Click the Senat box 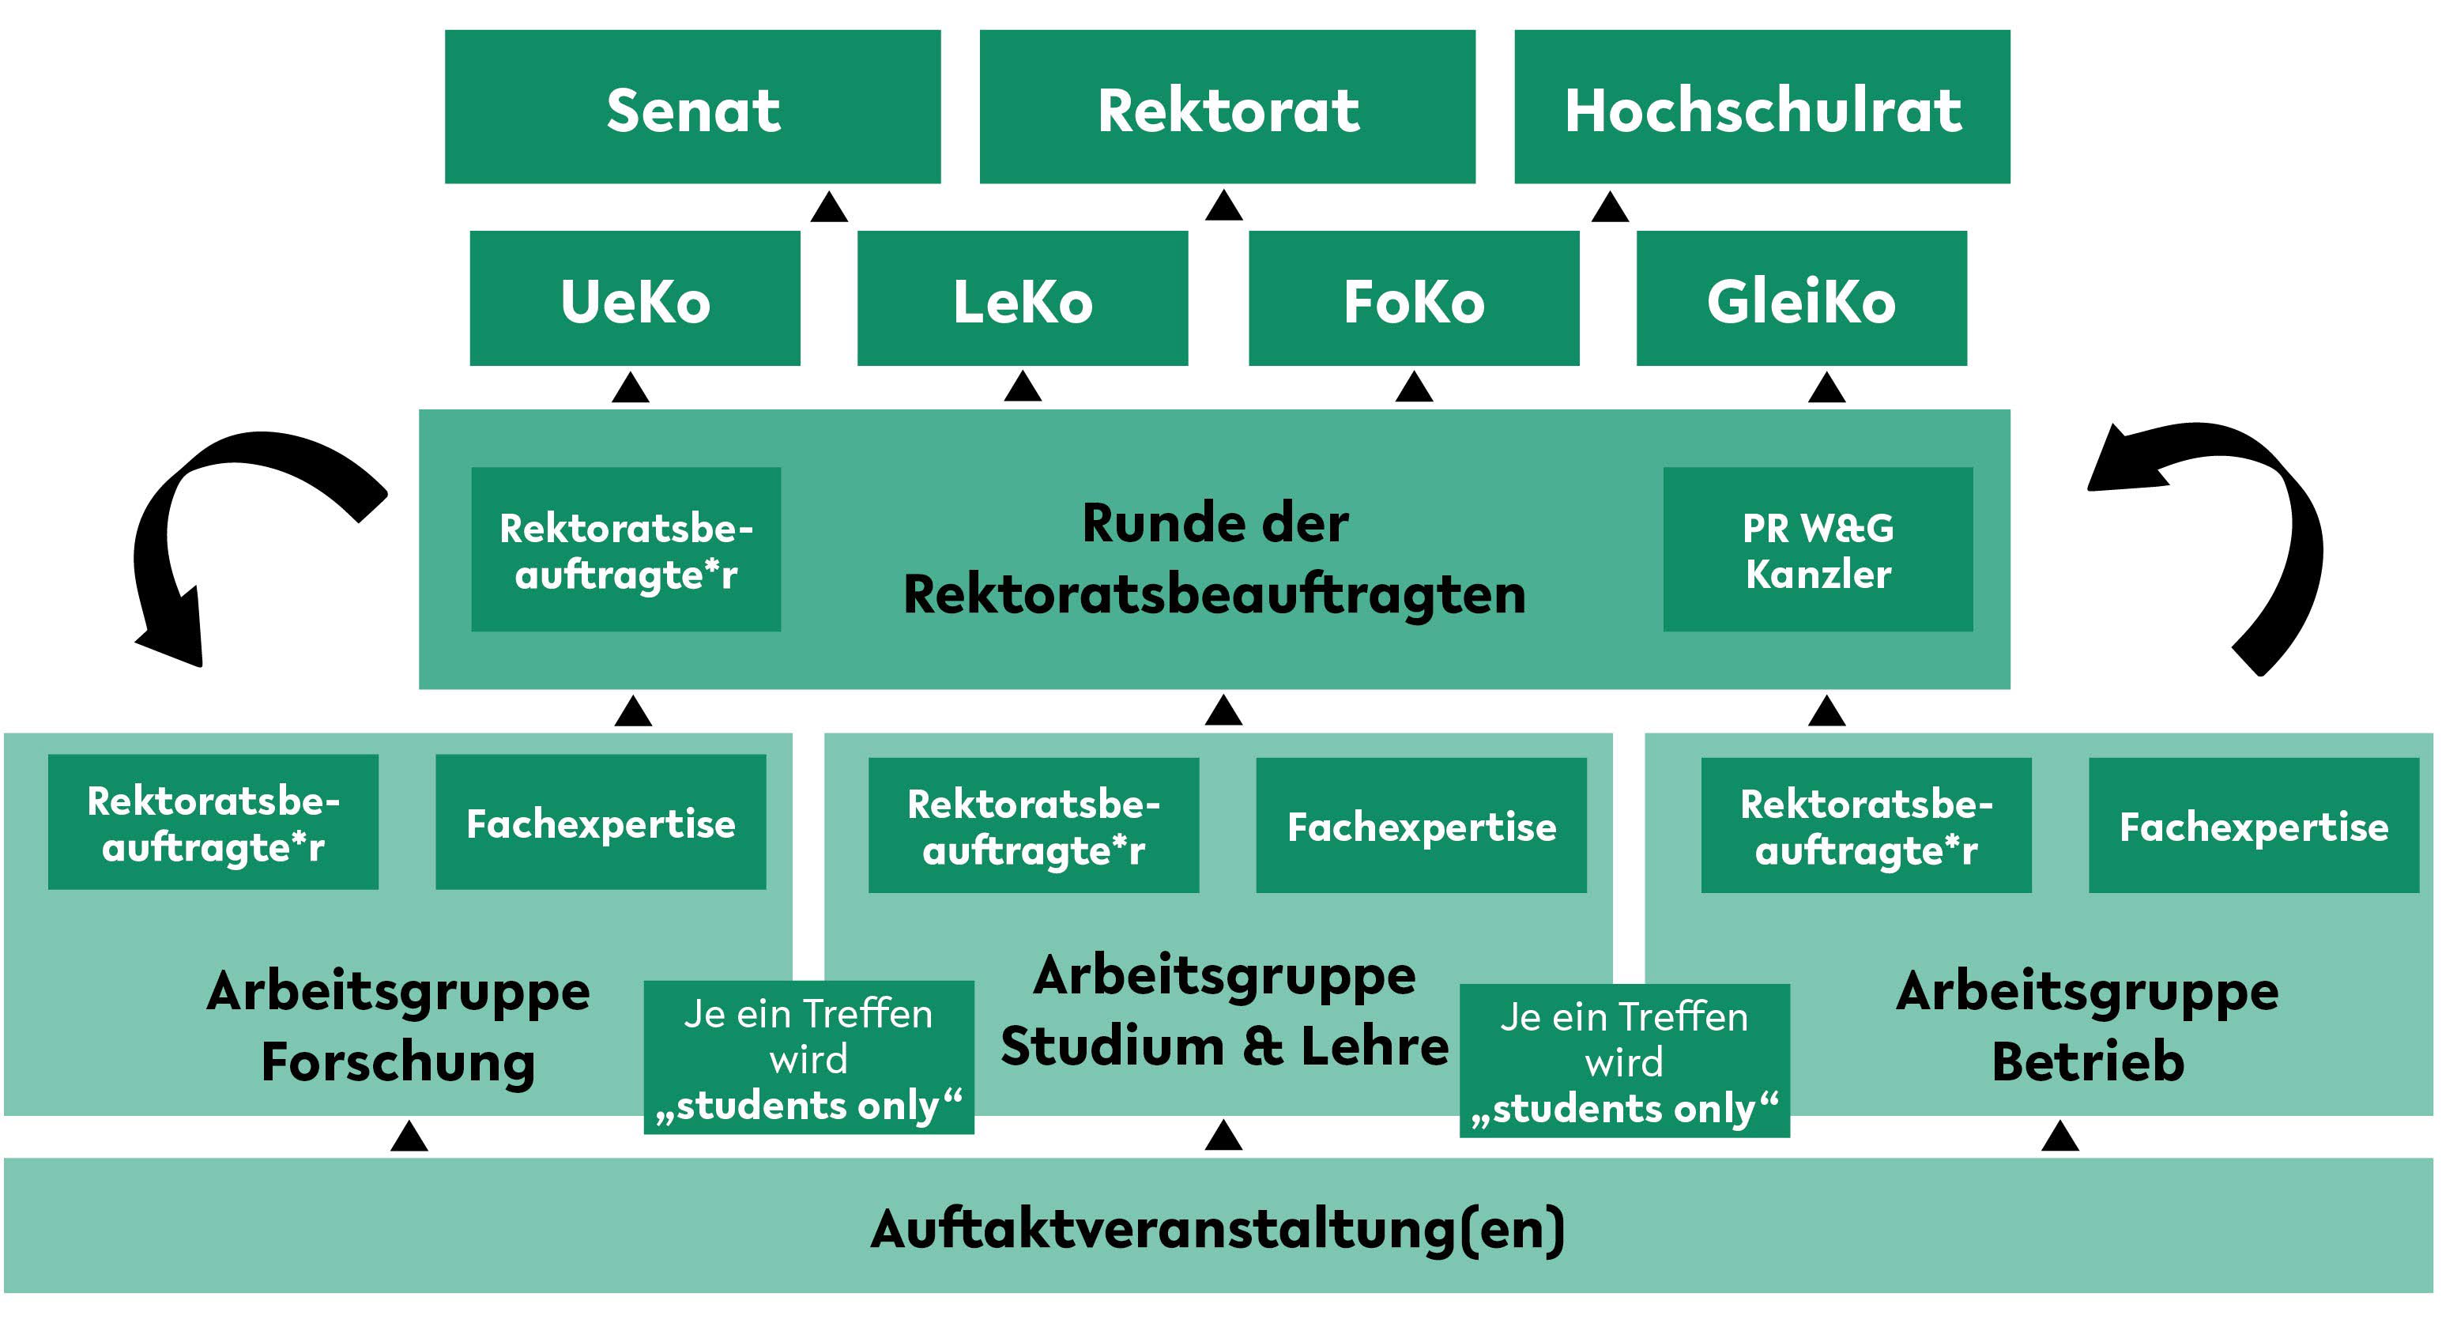pos(692,106)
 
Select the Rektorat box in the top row pos(1227,106)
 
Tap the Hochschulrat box pos(1762,106)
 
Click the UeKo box pos(635,298)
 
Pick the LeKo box pos(1023,298)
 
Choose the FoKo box pos(1415,298)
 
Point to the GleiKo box pos(1802,298)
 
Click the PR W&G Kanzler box pos(1818,549)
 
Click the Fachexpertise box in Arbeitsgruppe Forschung pos(601,822)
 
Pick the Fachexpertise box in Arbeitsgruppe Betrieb pos(2254,825)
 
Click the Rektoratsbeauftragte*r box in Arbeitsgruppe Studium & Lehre pos(1034,825)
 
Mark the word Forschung pos(398,1061)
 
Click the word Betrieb pos(2088,1061)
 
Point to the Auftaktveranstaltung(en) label pos(1218,1229)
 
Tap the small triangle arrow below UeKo pos(631,387)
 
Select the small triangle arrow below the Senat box pos(829,207)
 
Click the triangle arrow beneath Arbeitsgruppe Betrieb pos(2060,1135)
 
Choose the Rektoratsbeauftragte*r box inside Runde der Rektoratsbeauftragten pos(626,549)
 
